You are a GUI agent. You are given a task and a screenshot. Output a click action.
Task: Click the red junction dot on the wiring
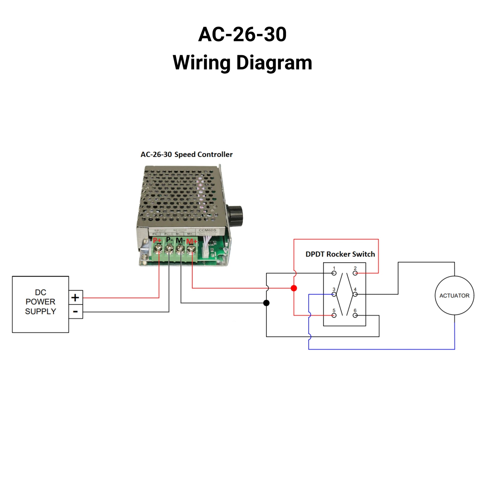click(x=294, y=288)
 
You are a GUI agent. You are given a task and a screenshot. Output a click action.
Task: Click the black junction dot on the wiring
click(x=266, y=303)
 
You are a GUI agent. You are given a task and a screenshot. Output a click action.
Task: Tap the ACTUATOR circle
click(x=454, y=296)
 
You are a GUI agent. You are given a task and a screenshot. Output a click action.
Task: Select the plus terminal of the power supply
click(x=75, y=298)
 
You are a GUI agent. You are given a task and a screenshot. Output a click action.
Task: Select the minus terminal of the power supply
click(x=75, y=312)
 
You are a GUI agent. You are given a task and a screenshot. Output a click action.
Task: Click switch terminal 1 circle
click(x=334, y=273)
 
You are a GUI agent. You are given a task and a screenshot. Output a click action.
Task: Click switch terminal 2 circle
click(x=355, y=273)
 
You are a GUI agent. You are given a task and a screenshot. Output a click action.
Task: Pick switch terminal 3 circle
click(x=334, y=294)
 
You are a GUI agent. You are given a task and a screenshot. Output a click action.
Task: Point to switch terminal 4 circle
click(x=355, y=294)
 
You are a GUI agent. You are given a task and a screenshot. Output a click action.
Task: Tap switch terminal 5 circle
click(x=334, y=315)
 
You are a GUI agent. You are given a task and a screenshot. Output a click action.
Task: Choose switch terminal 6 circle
click(x=355, y=315)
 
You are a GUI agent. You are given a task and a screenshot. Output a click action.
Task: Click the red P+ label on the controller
click(x=157, y=241)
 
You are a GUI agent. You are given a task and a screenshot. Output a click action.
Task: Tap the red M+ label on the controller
click(x=192, y=242)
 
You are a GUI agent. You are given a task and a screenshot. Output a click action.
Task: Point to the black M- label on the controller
click(x=180, y=240)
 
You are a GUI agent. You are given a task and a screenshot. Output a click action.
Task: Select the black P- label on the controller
click(x=169, y=240)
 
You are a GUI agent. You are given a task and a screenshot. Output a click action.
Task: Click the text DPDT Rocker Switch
click(x=340, y=254)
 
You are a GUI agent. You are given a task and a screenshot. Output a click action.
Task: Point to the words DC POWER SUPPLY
click(x=40, y=302)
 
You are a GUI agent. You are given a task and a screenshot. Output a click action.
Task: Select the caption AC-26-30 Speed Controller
click(x=186, y=154)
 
